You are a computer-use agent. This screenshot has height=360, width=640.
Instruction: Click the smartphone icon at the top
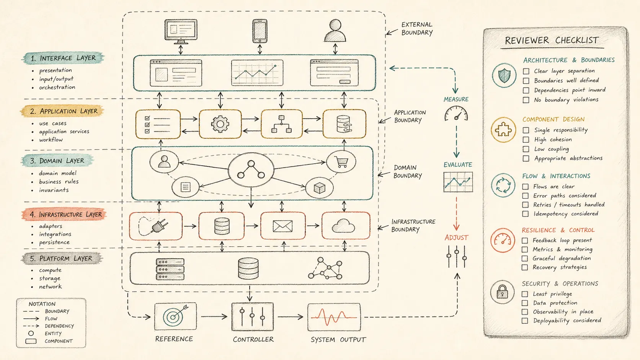(260, 31)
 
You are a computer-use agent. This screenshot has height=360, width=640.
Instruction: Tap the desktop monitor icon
(181, 31)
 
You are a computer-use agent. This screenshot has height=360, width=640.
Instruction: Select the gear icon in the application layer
(220, 124)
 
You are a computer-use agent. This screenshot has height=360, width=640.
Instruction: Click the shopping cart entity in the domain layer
(341, 162)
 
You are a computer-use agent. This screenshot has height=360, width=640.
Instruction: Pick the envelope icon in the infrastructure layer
(282, 226)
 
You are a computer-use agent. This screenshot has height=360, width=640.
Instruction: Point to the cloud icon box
(346, 226)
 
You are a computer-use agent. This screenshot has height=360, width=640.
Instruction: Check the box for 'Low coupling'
(526, 149)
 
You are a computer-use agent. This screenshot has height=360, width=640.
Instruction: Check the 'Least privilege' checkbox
(525, 294)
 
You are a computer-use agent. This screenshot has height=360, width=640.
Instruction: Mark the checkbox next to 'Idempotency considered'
(525, 214)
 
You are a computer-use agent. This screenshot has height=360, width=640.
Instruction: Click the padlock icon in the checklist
(502, 292)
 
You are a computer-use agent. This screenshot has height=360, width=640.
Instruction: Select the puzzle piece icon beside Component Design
(503, 130)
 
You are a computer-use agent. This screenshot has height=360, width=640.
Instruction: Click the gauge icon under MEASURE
(456, 114)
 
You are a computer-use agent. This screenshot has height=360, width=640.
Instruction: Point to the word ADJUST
(456, 238)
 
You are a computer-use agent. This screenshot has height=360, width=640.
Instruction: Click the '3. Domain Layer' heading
(57, 161)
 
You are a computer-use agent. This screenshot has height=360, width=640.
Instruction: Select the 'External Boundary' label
(417, 29)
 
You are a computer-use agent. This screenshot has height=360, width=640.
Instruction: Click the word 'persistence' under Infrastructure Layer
(54, 242)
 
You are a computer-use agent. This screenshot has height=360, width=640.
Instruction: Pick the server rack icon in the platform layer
(170, 269)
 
